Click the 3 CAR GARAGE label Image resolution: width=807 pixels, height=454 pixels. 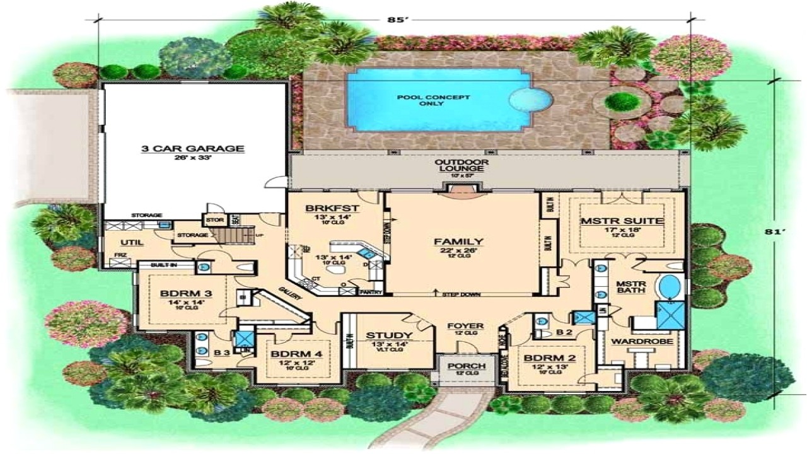[192, 149]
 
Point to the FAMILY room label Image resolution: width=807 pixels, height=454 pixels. [458, 242]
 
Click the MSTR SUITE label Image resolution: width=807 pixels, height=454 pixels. [622, 221]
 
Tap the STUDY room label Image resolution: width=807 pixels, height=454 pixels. [389, 335]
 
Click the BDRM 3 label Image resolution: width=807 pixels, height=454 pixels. [177, 294]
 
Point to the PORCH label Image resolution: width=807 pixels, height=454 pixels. [467, 366]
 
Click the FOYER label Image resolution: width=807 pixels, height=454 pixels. [465, 326]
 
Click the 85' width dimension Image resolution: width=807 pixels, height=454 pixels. [396, 19]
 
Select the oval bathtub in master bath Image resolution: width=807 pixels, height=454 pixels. [669, 287]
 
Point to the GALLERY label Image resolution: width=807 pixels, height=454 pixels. [291, 293]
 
